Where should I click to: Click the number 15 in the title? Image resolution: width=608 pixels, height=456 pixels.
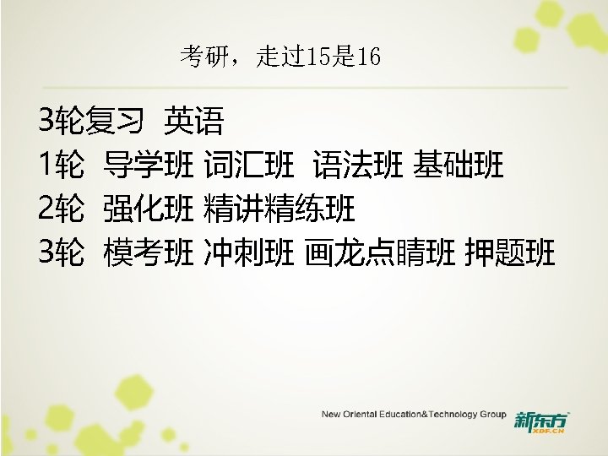pyautogui.click(x=322, y=57)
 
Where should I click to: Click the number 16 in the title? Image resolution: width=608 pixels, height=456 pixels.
pyautogui.click(x=369, y=57)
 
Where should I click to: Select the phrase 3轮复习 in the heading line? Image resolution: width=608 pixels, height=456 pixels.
pyautogui.click(x=90, y=122)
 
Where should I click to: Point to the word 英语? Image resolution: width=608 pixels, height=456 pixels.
pyautogui.click(x=194, y=122)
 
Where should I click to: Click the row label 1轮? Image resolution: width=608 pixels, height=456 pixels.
pyautogui.click(x=61, y=166)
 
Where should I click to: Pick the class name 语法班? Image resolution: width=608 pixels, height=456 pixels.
pyautogui.click(x=357, y=166)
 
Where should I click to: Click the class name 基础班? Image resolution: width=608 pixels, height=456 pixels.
pyautogui.click(x=459, y=166)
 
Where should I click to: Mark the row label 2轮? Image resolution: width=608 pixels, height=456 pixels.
pyautogui.click(x=61, y=208)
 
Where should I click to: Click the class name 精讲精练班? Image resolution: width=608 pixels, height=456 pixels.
pyautogui.click(x=280, y=208)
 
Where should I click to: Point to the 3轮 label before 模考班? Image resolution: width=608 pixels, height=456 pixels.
pyautogui.click(x=61, y=251)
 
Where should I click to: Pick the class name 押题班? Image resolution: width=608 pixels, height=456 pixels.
pyautogui.click(x=510, y=251)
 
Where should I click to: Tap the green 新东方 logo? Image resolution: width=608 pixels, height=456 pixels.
pyautogui.click(x=541, y=420)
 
